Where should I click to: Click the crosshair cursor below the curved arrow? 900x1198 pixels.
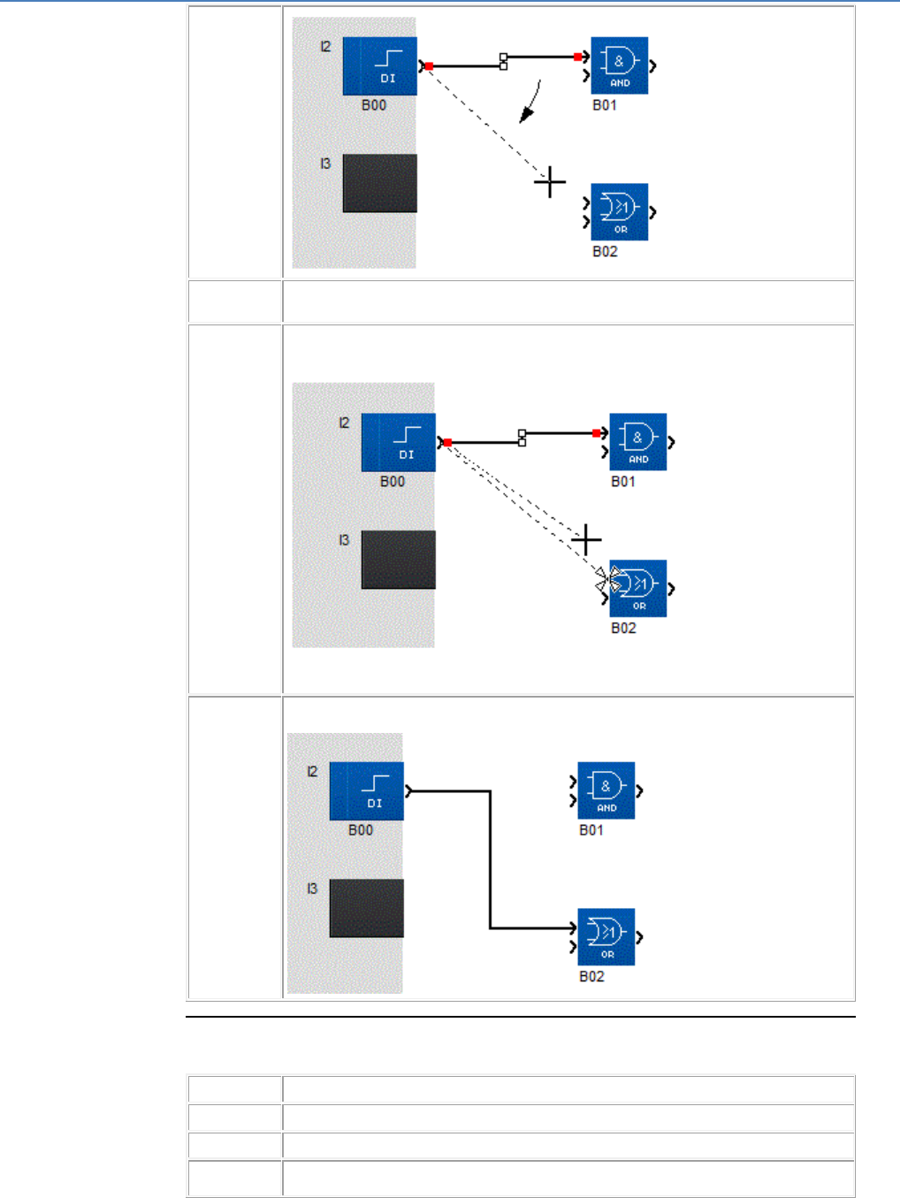pos(550,182)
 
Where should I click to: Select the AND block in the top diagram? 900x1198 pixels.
pos(619,65)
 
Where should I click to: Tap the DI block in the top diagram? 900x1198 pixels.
pos(379,65)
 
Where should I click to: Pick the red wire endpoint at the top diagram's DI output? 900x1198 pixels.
pos(429,66)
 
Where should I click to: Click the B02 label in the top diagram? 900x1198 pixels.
pos(605,252)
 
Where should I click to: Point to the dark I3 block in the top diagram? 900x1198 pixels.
pos(379,183)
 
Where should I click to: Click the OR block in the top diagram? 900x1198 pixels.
pos(619,212)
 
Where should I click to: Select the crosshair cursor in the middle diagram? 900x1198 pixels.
pos(586,539)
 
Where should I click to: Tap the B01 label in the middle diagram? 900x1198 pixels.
pos(623,482)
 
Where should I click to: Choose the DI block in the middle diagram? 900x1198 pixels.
pos(398,442)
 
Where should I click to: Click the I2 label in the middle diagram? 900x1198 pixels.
pos(344,423)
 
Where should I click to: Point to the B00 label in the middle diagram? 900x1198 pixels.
pos(393,482)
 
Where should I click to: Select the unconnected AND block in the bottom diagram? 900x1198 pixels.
pos(606,790)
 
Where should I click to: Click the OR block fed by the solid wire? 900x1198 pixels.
pos(606,937)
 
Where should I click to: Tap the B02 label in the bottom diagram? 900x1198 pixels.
pos(591,977)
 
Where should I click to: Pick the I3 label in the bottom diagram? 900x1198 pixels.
pos(312,889)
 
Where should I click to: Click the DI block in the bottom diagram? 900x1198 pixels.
pos(366,790)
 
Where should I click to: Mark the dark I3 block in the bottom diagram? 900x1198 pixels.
pos(366,908)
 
